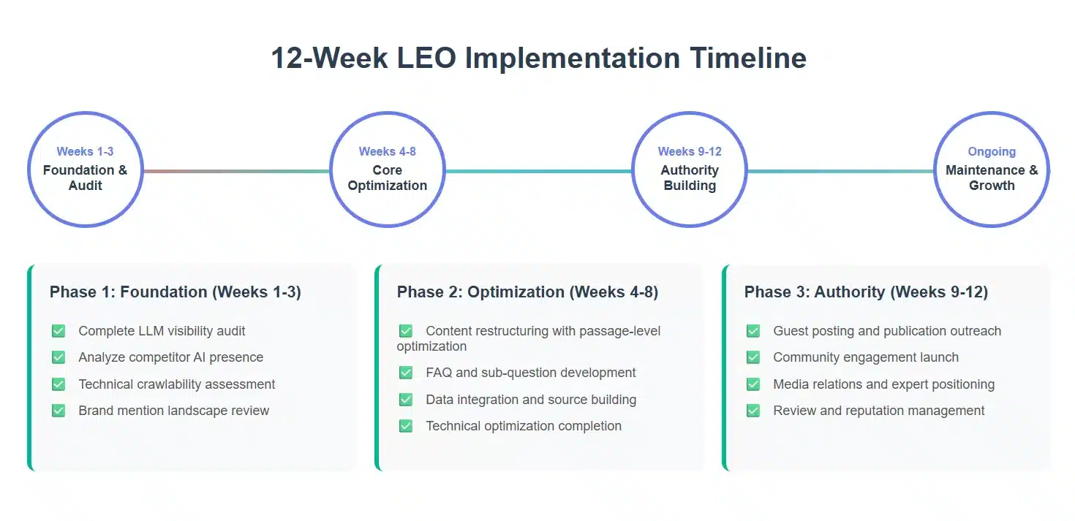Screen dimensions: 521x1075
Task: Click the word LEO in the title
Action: [426, 58]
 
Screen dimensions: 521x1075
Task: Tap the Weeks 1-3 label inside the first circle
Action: [85, 152]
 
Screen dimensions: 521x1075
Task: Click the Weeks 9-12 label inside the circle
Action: [690, 152]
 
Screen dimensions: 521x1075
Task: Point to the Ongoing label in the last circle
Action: [992, 152]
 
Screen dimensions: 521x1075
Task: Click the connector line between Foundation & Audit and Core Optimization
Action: [236, 172]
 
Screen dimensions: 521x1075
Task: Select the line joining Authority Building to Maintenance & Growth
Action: [840, 172]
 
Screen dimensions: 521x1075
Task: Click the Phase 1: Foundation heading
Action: [176, 292]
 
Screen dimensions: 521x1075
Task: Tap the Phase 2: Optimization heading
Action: [527, 292]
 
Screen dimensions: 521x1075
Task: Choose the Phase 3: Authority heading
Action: [866, 292]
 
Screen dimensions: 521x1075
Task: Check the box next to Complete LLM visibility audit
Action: [59, 331]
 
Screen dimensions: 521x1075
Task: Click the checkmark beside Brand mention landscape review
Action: [59, 411]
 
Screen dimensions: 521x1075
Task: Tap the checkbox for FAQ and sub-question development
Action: [406, 373]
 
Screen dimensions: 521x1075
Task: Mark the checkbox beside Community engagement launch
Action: [753, 357]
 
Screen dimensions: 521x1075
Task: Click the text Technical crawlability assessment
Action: [177, 384]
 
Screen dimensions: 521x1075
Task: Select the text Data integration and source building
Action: [531, 400]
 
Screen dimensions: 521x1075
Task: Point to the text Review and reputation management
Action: [879, 411]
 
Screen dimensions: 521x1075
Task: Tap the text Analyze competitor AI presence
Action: [171, 357]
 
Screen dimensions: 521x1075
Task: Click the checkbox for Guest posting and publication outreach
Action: [753, 331]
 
